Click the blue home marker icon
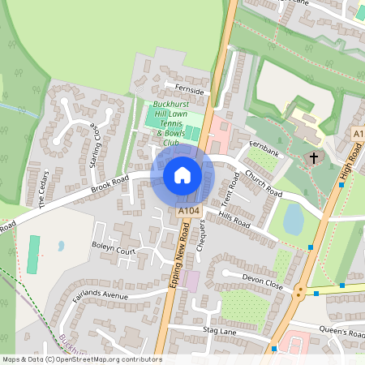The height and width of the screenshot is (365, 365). pyautogui.click(x=182, y=175)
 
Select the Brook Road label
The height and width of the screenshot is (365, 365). pyautogui.click(x=110, y=189)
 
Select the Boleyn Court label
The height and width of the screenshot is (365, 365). pyautogui.click(x=114, y=251)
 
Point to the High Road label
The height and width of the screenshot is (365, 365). pyautogui.click(x=350, y=165)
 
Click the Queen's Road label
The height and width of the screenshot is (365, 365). pyautogui.click(x=342, y=333)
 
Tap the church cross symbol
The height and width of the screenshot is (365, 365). pyautogui.click(x=314, y=158)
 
